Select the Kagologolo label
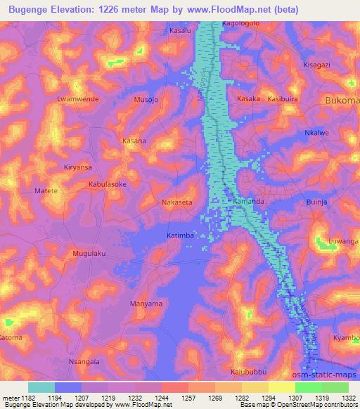(241, 23)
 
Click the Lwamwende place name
(77, 99)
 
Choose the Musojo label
(145, 100)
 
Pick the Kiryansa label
(78, 168)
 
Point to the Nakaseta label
(176, 202)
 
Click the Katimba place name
(180, 235)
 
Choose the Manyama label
(146, 304)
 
